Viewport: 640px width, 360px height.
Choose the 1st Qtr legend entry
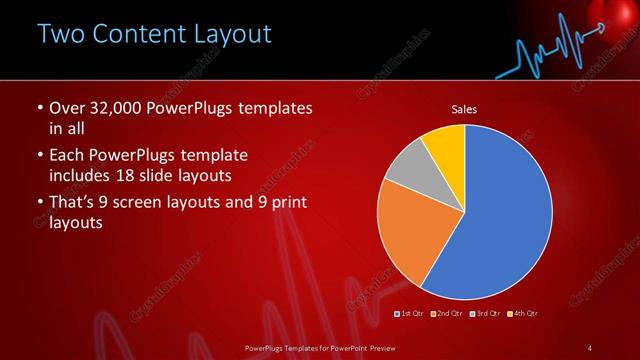[410, 314]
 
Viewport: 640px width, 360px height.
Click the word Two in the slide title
[63, 34]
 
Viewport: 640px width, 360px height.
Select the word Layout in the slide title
[233, 34]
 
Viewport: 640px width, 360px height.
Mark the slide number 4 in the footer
[590, 347]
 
